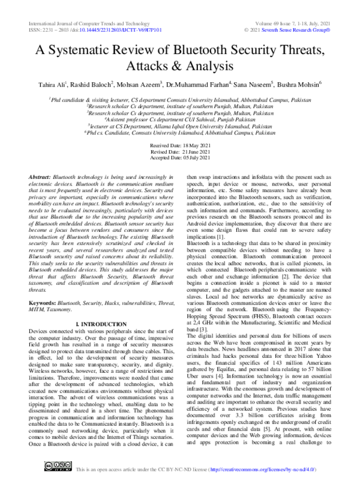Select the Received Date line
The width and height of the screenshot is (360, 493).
179,146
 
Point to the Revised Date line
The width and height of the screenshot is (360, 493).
179,152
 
